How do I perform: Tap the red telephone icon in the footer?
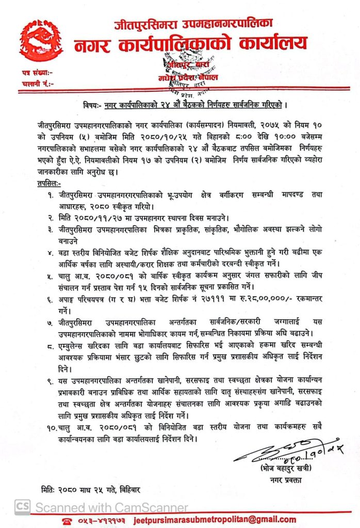coord(66,522)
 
